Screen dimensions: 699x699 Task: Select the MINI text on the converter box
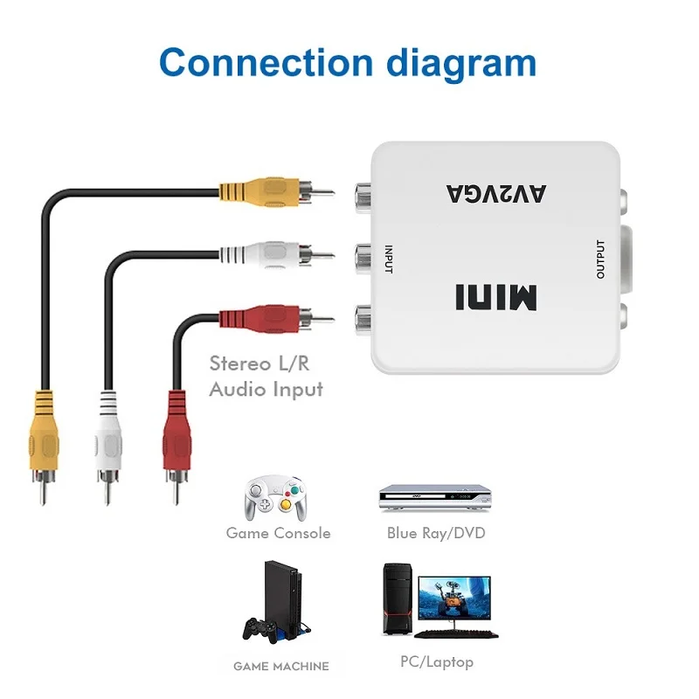pos(494,296)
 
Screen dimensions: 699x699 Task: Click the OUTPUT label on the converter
pos(600,259)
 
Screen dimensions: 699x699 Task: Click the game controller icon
pos(273,497)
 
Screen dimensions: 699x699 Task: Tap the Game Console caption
pos(278,533)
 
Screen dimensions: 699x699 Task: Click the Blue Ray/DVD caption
pos(436,533)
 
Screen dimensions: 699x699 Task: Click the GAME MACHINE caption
pos(280,666)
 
